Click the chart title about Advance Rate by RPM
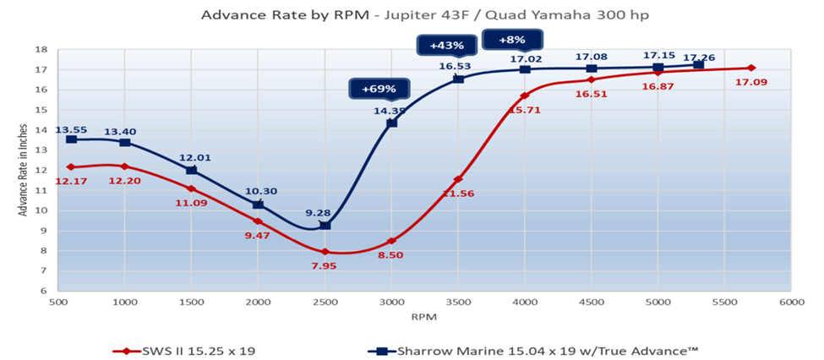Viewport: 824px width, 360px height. coord(412,14)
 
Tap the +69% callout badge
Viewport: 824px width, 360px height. coord(380,89)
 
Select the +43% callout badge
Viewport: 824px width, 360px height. coord(445,45)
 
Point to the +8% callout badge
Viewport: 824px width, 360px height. coord(512,39)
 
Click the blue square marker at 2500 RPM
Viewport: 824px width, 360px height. coord(325,226)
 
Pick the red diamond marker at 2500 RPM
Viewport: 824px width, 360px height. coord(325,252)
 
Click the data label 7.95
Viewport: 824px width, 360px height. coord(324,266)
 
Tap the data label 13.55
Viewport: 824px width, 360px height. coord(72,130)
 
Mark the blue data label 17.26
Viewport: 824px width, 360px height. coord(698,57)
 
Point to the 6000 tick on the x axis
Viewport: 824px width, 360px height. coord(791,301)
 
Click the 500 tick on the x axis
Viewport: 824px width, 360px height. coord(58,301)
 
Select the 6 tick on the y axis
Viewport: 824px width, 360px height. coord(41,291)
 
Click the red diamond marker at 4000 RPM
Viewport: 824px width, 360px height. coord(525,95)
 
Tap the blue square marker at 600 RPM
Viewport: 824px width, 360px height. coord(72,139)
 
